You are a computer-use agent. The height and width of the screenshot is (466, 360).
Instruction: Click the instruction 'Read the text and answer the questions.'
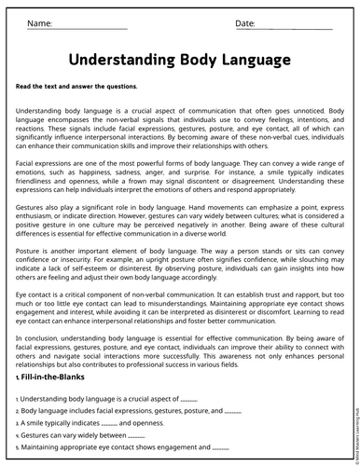click(x=76, y=87)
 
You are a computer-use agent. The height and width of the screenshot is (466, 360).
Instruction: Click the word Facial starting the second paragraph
click(x=27, y=163)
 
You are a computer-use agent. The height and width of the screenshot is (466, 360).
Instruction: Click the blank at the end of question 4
click(x=136, y=435)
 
